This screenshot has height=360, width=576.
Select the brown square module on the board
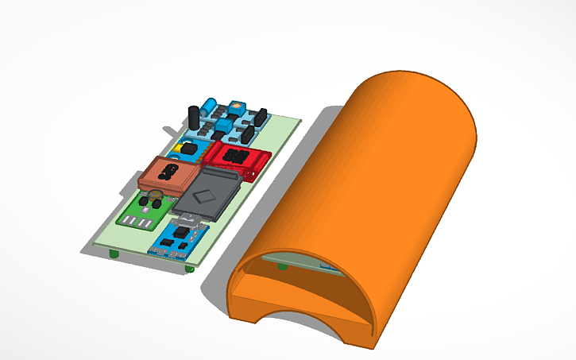pos(168,175)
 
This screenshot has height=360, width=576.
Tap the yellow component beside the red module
pos(190,148)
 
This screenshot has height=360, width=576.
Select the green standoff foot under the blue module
pos(189,269)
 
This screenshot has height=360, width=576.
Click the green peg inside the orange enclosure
pos(282,268)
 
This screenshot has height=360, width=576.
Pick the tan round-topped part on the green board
pos(156,193)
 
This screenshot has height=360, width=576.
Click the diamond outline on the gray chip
pos(208,193)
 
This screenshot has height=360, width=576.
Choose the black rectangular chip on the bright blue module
pos(184,233)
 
